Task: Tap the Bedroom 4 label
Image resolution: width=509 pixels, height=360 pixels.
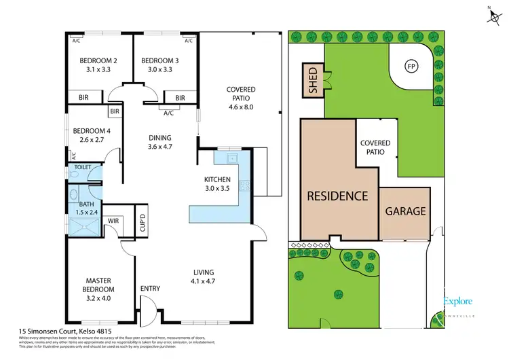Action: coord(92,131)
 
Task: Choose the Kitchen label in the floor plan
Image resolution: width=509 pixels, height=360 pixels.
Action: coord(218,179)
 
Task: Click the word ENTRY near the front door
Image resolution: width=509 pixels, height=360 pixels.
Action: coord(150,289)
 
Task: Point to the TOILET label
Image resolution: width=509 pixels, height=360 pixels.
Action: coord(83,166)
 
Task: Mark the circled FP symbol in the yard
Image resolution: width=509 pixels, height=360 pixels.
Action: coord(410,67)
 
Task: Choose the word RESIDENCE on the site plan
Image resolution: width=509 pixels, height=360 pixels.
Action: coord(337,196)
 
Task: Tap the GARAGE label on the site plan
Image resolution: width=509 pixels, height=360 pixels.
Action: coord(406,211)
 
